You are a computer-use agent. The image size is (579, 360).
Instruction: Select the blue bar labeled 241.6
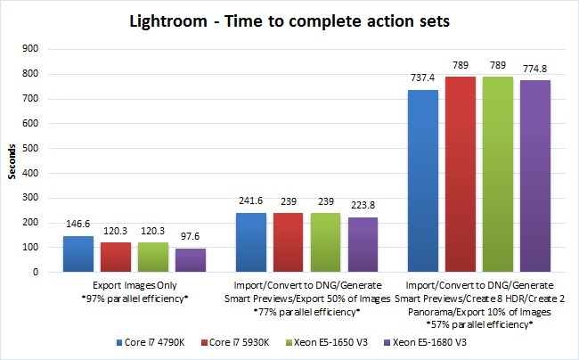[251, 241]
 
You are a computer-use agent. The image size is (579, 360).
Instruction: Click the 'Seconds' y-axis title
[12, 160]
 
